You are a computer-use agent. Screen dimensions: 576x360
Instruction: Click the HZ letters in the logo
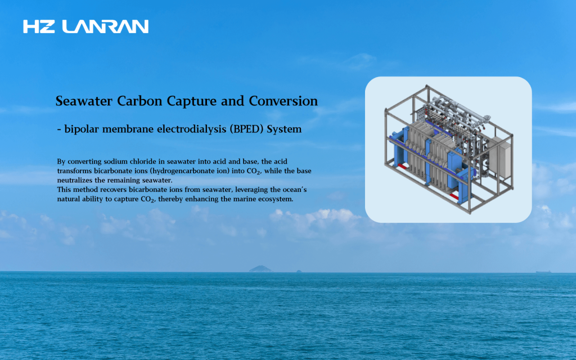39,26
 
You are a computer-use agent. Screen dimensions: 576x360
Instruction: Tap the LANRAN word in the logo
105,26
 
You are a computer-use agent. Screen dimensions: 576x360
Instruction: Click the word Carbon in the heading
139,101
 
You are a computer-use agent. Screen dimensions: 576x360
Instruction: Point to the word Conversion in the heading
283,101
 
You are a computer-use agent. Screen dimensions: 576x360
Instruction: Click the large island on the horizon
260,269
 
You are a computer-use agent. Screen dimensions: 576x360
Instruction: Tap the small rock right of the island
299,271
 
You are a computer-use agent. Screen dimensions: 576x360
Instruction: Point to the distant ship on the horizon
543,272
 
